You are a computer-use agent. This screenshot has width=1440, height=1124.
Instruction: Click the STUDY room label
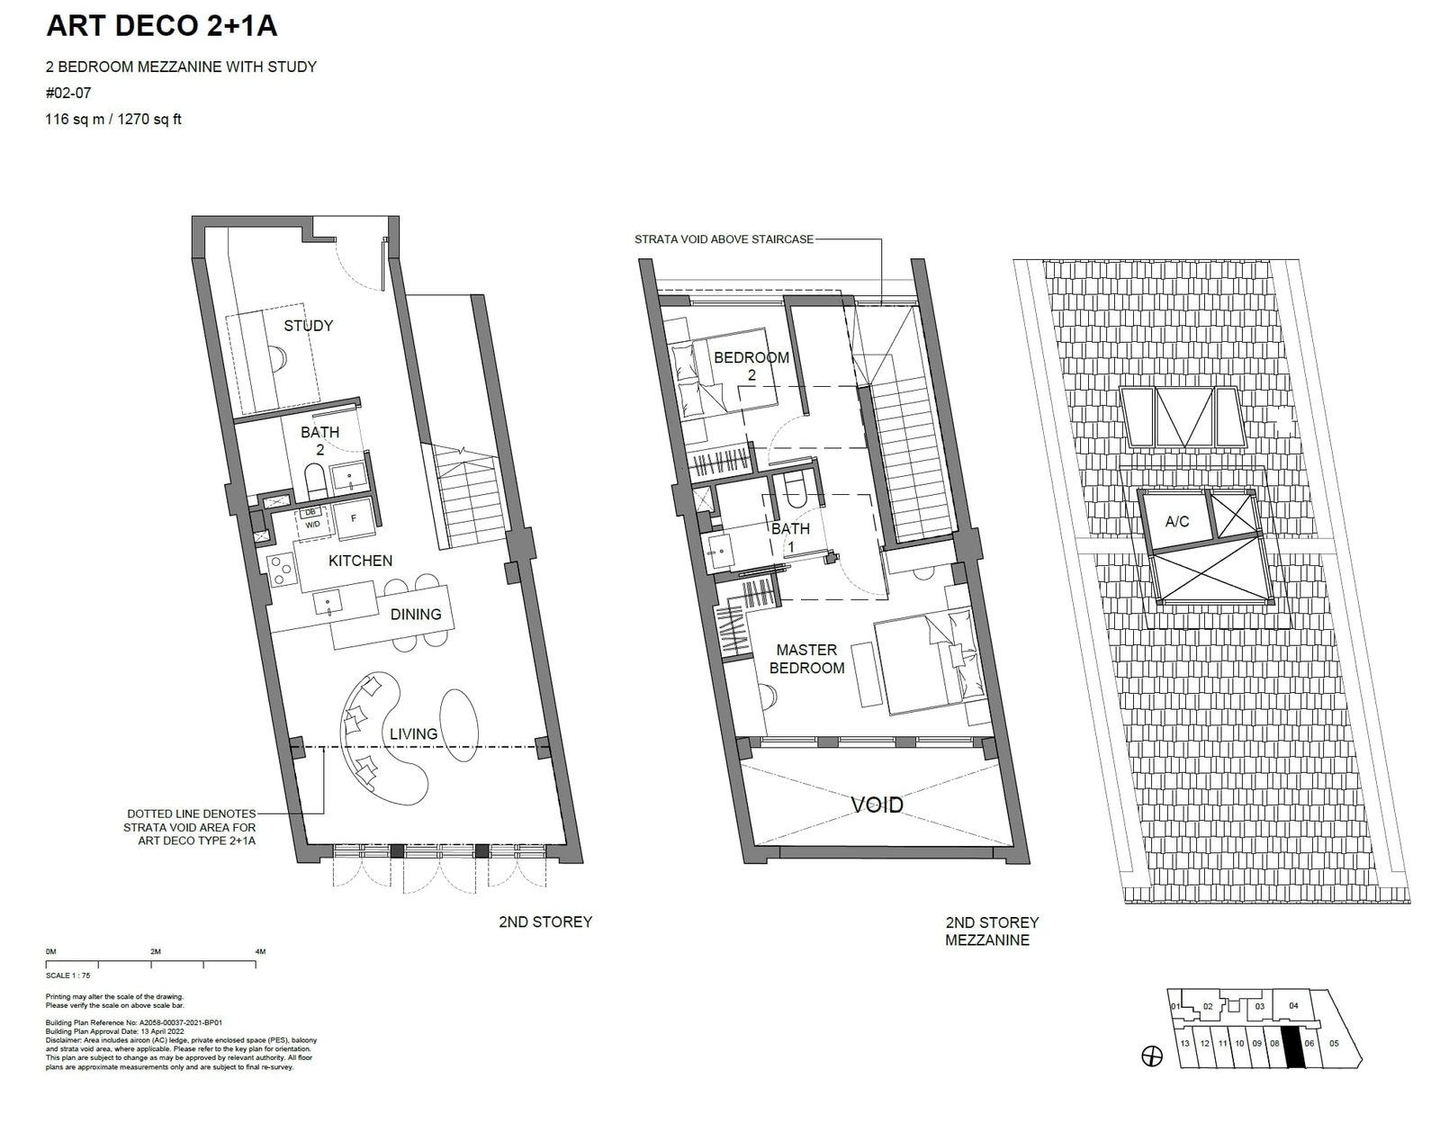click(308, 326)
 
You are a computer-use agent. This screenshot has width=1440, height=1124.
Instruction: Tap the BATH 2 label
click(319, 440)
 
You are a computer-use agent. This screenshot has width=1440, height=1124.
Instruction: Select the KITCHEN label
click(360, 561)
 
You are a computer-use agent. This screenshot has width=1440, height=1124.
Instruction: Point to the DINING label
click(415, 615)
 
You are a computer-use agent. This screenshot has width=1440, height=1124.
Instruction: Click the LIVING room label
click(413, 734)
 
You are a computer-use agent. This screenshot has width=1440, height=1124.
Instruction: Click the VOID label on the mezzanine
click(877, 805)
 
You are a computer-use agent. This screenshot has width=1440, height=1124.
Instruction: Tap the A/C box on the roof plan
click(1176, 521)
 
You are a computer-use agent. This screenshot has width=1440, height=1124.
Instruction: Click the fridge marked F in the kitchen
click(352, 519)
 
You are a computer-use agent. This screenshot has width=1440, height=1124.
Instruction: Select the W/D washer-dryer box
click(311, 524)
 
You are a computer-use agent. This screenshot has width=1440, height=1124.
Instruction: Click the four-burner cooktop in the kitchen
click(282, 569)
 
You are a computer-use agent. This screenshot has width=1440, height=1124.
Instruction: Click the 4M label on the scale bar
click(260, 951)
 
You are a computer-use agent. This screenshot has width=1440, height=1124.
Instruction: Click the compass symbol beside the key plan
click(1151, 1057)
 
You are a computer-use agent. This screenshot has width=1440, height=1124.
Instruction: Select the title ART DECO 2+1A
click(161, 27)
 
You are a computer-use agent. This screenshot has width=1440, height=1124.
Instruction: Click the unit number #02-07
click(68, 92)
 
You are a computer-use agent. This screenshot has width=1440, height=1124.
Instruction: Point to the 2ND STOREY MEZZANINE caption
click(992, 931)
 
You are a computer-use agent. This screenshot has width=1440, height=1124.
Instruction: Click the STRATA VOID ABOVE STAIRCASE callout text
click(724, 239)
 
